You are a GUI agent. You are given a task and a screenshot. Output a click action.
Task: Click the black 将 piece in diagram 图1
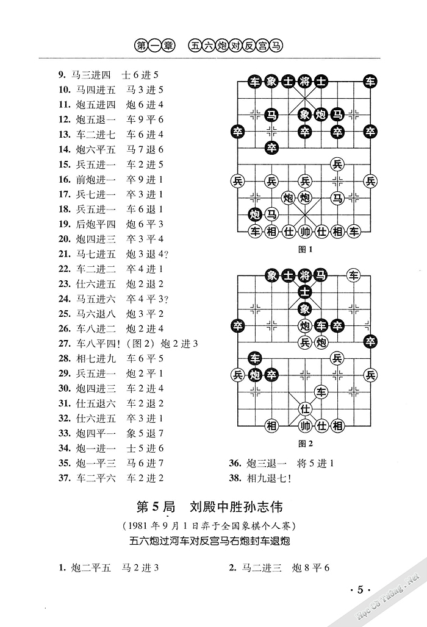[x=304, y=81]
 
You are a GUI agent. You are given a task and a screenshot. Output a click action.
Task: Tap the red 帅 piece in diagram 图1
[x=304, y=231]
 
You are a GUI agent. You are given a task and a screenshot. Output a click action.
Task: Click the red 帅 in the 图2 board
[x=305, y=425]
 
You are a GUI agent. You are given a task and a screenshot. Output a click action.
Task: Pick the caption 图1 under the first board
[x=304, y=249]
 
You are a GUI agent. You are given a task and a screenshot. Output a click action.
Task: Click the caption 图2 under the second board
[x=304, y=443]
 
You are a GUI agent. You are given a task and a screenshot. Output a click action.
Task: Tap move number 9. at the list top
[x=62, y=75]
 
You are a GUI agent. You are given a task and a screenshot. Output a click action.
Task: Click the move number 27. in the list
[x=65, y=344]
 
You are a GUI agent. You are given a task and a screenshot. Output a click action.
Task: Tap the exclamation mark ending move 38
[x=288, y=478]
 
